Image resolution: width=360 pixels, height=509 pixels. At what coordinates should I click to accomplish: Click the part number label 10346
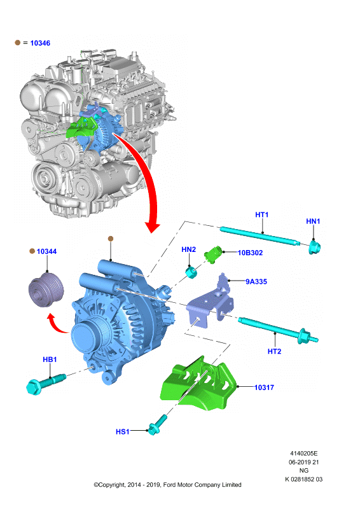click(40, 43)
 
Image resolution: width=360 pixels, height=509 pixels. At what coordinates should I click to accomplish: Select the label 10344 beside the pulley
click(46, 251)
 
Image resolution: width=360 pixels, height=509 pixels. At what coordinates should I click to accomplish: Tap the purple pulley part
click(46, 290)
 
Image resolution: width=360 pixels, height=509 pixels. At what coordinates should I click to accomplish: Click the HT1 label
click(261, 214)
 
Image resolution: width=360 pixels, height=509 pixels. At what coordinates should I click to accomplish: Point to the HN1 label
click(313, 221)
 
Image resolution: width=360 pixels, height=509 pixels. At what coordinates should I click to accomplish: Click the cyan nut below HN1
click(314, 248)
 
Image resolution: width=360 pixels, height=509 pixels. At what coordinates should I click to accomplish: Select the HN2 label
click(188, 249)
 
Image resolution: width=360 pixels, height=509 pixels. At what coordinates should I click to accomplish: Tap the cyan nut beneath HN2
click(191, 272)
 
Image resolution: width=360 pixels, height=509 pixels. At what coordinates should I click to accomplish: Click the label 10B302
click(250, 253)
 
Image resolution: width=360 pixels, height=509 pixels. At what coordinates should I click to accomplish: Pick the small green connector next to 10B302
click(213, 254)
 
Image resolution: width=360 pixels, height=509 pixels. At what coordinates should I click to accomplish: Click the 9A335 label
click(256, 282)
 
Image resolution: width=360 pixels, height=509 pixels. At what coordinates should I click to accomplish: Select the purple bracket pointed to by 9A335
click(211, 302)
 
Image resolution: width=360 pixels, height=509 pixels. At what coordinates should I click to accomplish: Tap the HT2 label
click(274, 352)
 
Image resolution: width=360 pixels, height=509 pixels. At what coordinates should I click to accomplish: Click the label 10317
click(264, 387)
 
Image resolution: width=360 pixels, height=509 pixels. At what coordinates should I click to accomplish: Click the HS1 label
click(122, 432)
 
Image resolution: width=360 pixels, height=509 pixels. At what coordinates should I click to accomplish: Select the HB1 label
click(50, 359)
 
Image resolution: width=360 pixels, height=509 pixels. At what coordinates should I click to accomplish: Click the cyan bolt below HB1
click(46, 384)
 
